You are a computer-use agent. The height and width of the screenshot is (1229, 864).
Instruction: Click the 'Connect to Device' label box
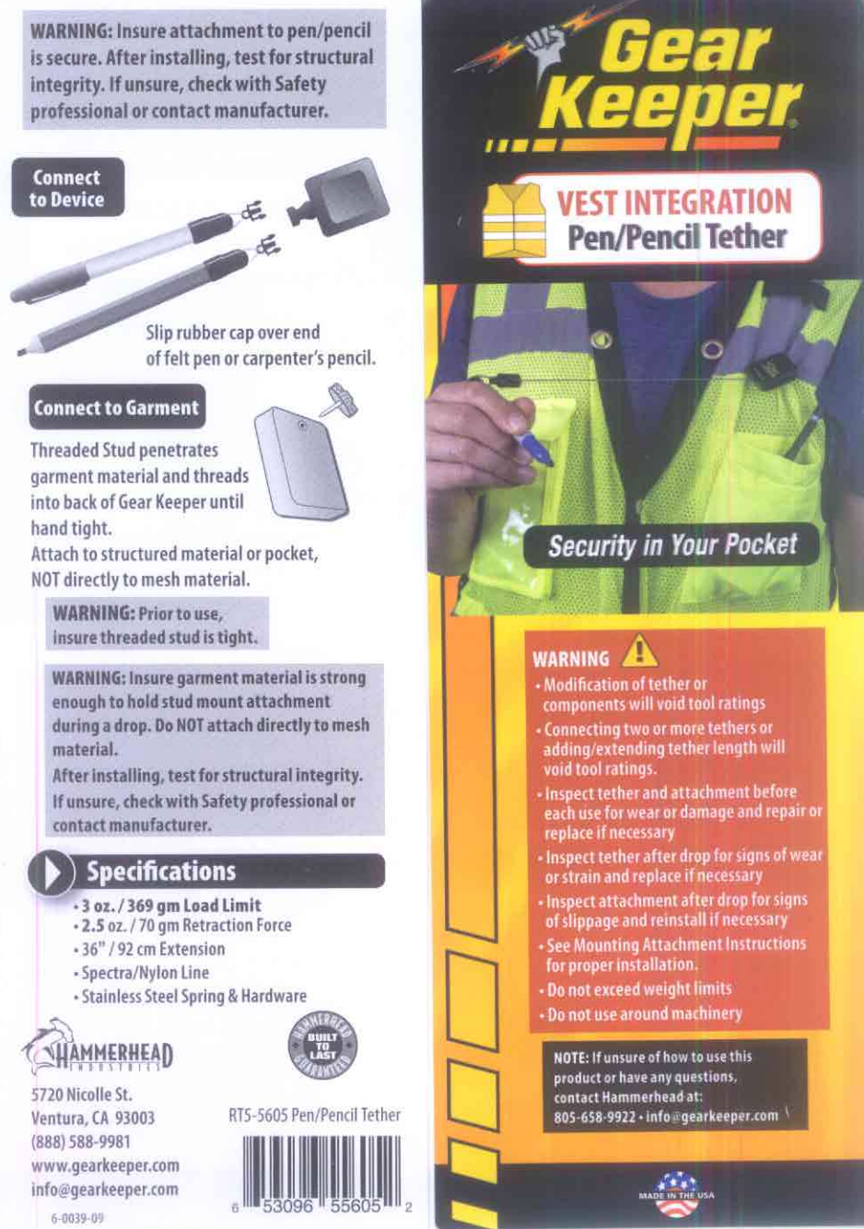pos(67,188)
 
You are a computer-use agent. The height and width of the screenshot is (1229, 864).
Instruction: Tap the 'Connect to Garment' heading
pos(116,408)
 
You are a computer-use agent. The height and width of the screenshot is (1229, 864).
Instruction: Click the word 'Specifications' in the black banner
pos(161,872)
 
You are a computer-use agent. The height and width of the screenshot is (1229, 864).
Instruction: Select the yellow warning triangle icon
pos(640,653)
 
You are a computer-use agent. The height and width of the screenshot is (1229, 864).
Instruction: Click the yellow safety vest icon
pos(516,221)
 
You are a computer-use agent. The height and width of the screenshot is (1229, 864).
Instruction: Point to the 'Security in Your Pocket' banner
pos(672,545)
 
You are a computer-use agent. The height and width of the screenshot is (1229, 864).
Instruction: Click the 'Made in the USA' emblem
pos(676,1194)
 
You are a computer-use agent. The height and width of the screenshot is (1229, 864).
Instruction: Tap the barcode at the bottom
pos(322,1167)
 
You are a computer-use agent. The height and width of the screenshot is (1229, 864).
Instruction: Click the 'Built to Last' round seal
pos(322,1047)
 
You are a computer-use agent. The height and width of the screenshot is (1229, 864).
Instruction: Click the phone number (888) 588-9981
pos(81,1141)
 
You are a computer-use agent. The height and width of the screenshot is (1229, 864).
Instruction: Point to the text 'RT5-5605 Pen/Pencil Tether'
pos(314,1115)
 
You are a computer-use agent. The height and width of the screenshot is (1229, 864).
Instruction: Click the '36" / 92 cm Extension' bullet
pos(153,949)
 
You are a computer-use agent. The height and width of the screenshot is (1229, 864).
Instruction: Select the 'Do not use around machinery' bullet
pos(644,1013)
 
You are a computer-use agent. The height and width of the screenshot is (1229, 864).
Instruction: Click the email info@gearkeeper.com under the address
pos(104,1189)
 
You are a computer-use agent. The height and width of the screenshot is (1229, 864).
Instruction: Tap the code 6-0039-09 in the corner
pos(77,1218)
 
